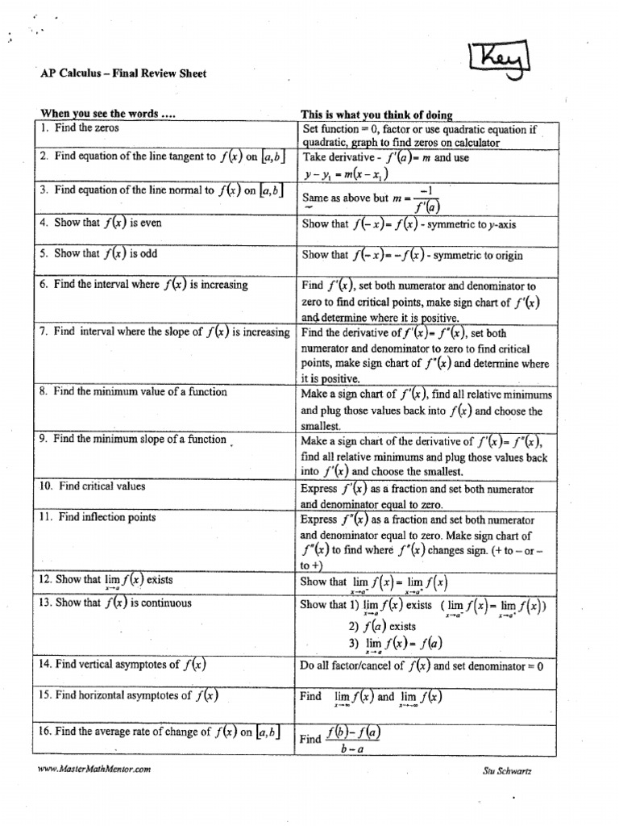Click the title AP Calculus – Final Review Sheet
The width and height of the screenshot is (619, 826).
tap(123, 73)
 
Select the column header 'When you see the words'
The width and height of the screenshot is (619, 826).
tap(107, 115)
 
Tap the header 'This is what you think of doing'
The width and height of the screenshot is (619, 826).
tap(376, 115)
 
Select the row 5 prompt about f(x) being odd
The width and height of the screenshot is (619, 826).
tap(112, 253)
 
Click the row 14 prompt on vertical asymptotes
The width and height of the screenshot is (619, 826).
tap(123, 665)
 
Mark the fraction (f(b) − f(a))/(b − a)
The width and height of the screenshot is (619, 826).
tap(353, 739)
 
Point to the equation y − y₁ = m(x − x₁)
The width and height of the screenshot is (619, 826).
tap(345, 173)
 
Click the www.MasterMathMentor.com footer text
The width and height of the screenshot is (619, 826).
tap(94, 770)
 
